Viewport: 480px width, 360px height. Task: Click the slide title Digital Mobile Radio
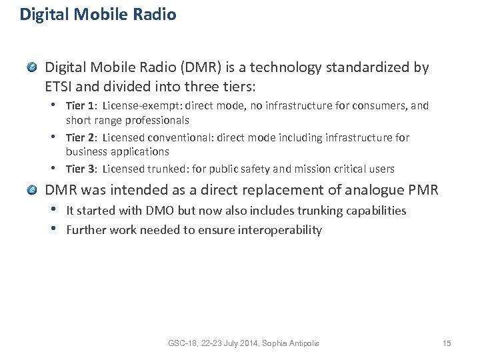[98, 15]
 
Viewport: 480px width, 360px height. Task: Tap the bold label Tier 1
[81, 106]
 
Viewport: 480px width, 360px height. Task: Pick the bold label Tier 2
[81, 137]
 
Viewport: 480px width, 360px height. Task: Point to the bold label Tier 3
[81, 169]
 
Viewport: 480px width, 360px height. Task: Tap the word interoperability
[276, 230]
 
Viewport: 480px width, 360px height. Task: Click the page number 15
[447, 343]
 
